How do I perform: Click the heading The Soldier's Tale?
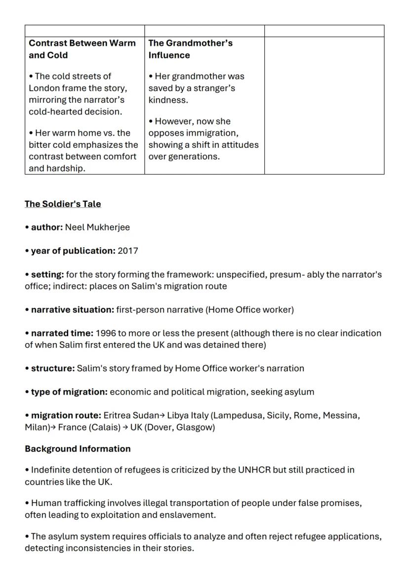click(63, 204)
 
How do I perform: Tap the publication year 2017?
click(128, 251)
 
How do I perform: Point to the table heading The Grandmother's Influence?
click(190, 49)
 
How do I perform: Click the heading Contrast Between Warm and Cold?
click(82, 49)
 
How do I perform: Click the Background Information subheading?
click(78, 449)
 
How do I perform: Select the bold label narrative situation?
click(72, 310)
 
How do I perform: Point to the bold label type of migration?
click(69, 392)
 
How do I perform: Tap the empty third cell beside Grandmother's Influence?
click(324, 105)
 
